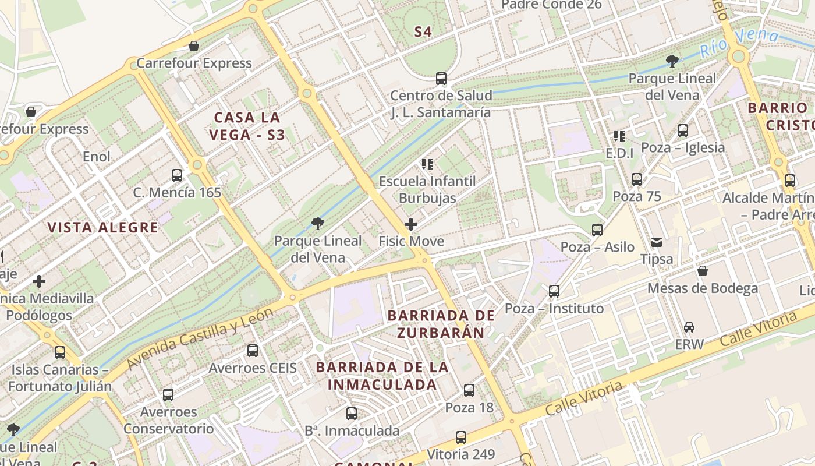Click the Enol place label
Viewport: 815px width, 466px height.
click(x=97, y=156)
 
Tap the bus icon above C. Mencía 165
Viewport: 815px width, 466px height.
click(x=177, y=175)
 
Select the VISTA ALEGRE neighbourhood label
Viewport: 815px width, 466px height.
click(x=102, y=227)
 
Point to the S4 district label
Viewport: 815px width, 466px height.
click(x=423, y=32)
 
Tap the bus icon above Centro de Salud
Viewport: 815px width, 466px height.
click(x=441, y=79)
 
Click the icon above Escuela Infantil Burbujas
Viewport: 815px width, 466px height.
click(x=428, y=164)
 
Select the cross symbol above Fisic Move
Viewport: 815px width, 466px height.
click(x=411, y=224)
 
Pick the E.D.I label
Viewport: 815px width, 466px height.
click(x=619, y=153)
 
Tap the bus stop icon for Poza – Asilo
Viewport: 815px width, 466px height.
click(x=597, y=230)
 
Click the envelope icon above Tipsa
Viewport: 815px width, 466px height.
click(x=657, y=242)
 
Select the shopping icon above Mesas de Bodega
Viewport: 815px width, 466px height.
click(x=703, y=271)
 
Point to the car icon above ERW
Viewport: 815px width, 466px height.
click(x=689, y=327)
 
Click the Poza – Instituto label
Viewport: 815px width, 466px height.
click(x=554, y=308)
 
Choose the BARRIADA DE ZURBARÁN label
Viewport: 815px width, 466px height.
click(x=441, y=324)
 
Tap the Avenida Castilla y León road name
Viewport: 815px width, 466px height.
click(x=200, y=338)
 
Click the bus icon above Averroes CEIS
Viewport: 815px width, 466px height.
click(x=253, y=351)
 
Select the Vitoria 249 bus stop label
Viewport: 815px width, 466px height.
click(x=461, y=454)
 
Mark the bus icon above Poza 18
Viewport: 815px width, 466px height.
click(x=469, y=390)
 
